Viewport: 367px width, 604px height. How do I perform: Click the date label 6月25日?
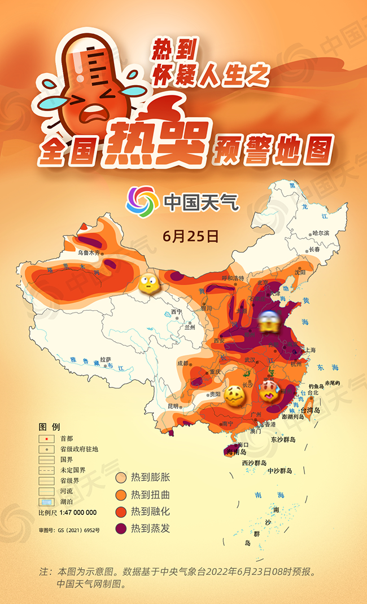190,236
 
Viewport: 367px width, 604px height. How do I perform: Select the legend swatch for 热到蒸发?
120,528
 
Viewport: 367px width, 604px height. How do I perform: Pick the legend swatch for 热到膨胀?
120,478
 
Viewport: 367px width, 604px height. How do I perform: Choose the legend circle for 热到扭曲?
120,495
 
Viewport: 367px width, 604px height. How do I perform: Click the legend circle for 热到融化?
120,512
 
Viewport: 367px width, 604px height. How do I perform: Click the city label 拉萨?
106,359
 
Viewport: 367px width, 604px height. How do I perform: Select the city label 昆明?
172,405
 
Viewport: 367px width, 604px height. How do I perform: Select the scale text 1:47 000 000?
75,513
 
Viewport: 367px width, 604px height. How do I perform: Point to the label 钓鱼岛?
316,387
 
